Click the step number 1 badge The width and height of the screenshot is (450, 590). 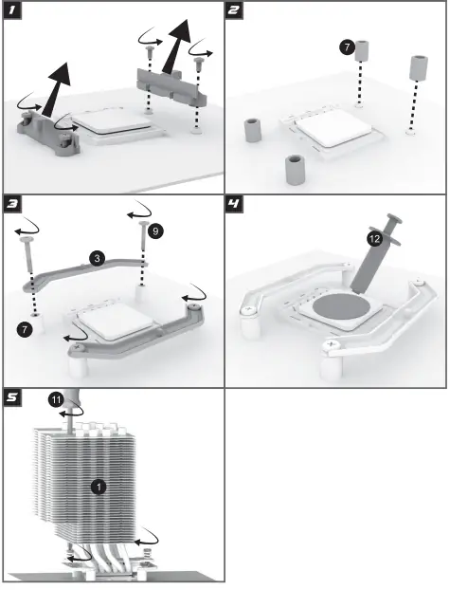point(12,10)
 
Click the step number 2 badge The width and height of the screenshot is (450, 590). point(234,10)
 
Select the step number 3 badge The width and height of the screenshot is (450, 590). point(12,204)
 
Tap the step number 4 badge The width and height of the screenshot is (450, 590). point(234,204)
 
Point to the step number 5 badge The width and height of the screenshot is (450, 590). point(12,397)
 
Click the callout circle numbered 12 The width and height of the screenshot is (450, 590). point(375,238)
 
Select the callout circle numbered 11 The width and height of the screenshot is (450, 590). point(56,398)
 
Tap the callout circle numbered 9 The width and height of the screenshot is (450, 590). point(155,230)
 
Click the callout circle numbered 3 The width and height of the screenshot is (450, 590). point(98,259)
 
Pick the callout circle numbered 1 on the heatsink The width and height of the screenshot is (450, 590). point(99,487)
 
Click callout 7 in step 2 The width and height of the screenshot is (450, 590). point(347,47)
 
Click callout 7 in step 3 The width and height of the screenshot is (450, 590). point(25,329)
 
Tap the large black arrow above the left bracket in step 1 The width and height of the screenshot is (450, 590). point(56,89)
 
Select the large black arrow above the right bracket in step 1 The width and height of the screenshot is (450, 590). point(177,46)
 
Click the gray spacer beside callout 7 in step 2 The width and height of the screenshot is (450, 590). point(362,51)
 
